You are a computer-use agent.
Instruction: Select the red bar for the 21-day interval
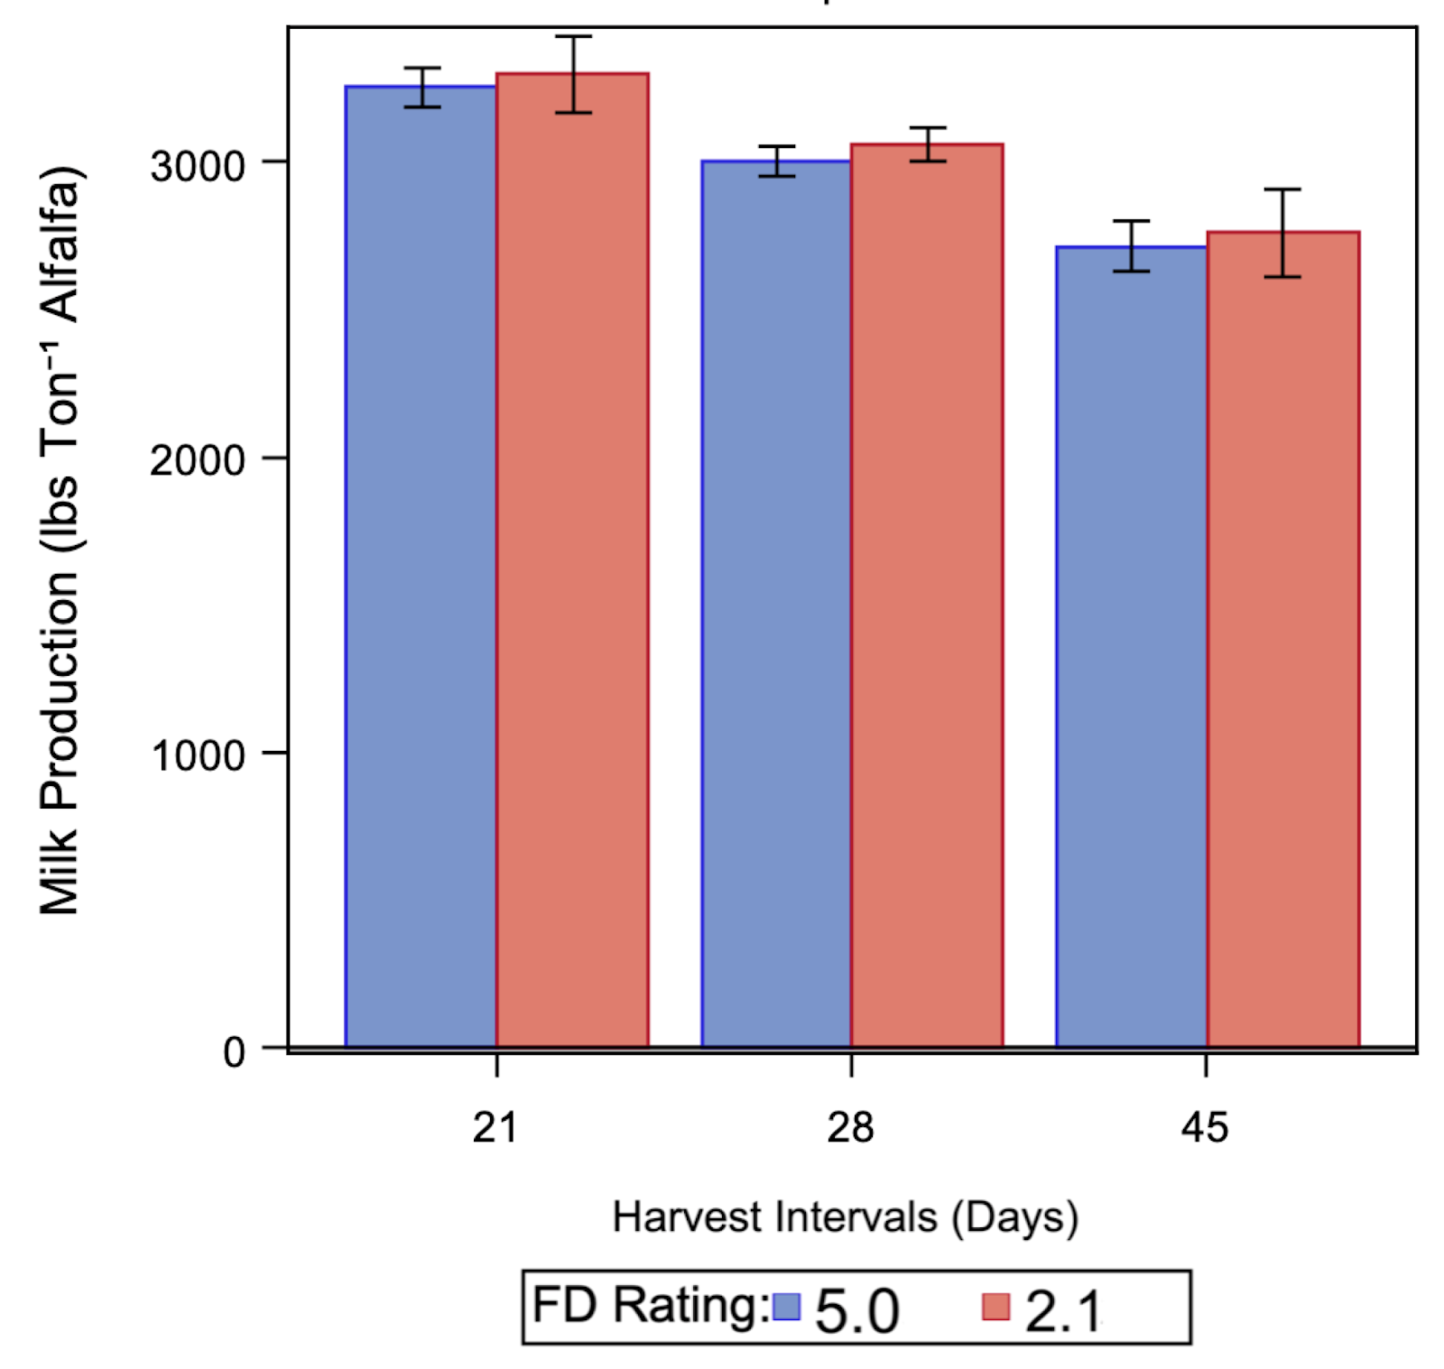coord(572,560)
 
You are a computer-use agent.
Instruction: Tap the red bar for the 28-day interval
coord(927,596)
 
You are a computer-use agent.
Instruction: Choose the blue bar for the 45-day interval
coord(1131,646)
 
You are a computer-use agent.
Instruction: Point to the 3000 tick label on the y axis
coord(198,166)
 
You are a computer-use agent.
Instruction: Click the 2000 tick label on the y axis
coord(198,460)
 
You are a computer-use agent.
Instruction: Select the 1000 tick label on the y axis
coord(198,755)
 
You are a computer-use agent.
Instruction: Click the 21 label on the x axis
coord(495,1128)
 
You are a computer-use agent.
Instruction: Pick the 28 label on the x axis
coord(850,1128)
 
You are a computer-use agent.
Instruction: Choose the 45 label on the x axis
coord(1205,1128)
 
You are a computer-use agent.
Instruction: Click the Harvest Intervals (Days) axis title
coord(846,1217)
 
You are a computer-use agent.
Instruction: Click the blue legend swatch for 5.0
coord(786,1307)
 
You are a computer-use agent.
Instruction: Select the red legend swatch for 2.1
coord(995,1307)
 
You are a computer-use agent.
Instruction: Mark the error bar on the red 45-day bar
coord(1282,233)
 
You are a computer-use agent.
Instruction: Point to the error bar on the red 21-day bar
coord(573,75)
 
